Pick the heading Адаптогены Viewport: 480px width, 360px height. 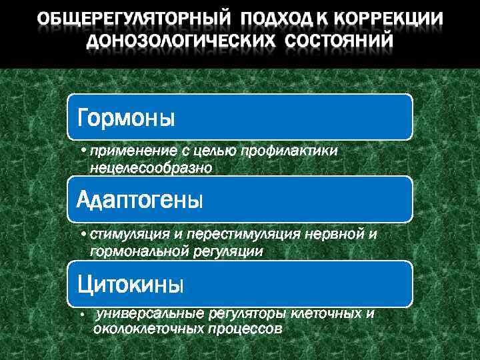tap(139, 199)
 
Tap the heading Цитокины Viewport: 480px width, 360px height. tap(130, 285)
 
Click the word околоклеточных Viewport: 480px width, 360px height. tap(145, 329)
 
